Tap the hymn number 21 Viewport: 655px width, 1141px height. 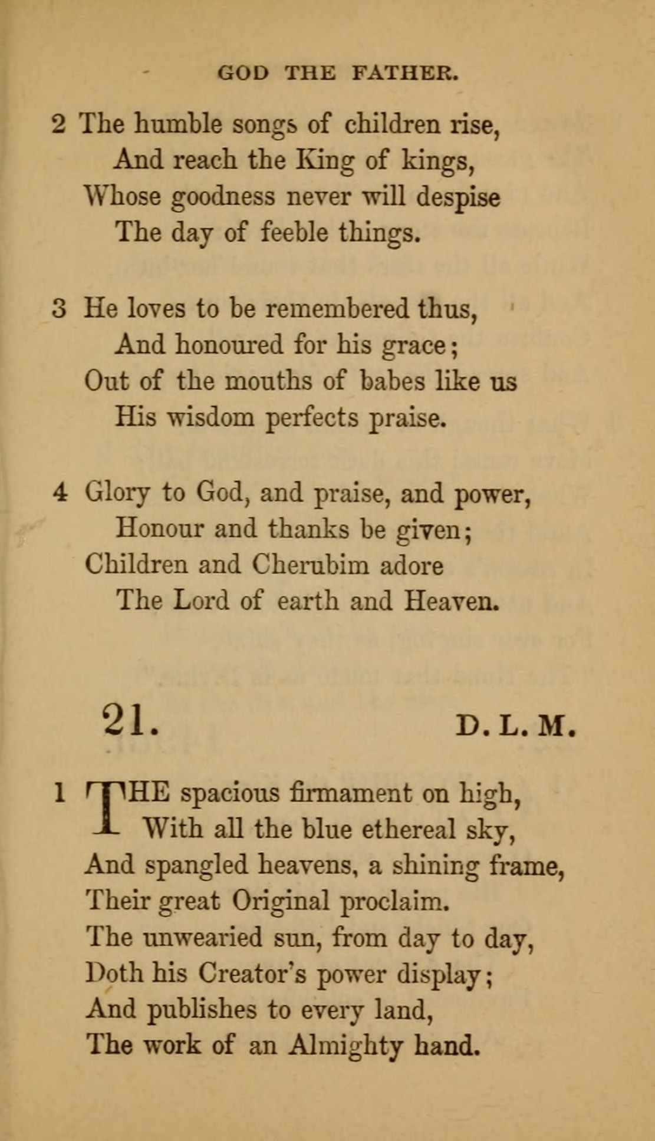click(130, 720)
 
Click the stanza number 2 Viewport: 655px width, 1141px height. click(59, 125)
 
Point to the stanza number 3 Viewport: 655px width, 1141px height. click(59, 309)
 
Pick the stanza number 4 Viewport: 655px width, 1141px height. click(60, 493)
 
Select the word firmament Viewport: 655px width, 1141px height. click(351, 793)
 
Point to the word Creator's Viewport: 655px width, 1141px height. click(252, 973)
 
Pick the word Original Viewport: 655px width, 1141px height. click(280, 901)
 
